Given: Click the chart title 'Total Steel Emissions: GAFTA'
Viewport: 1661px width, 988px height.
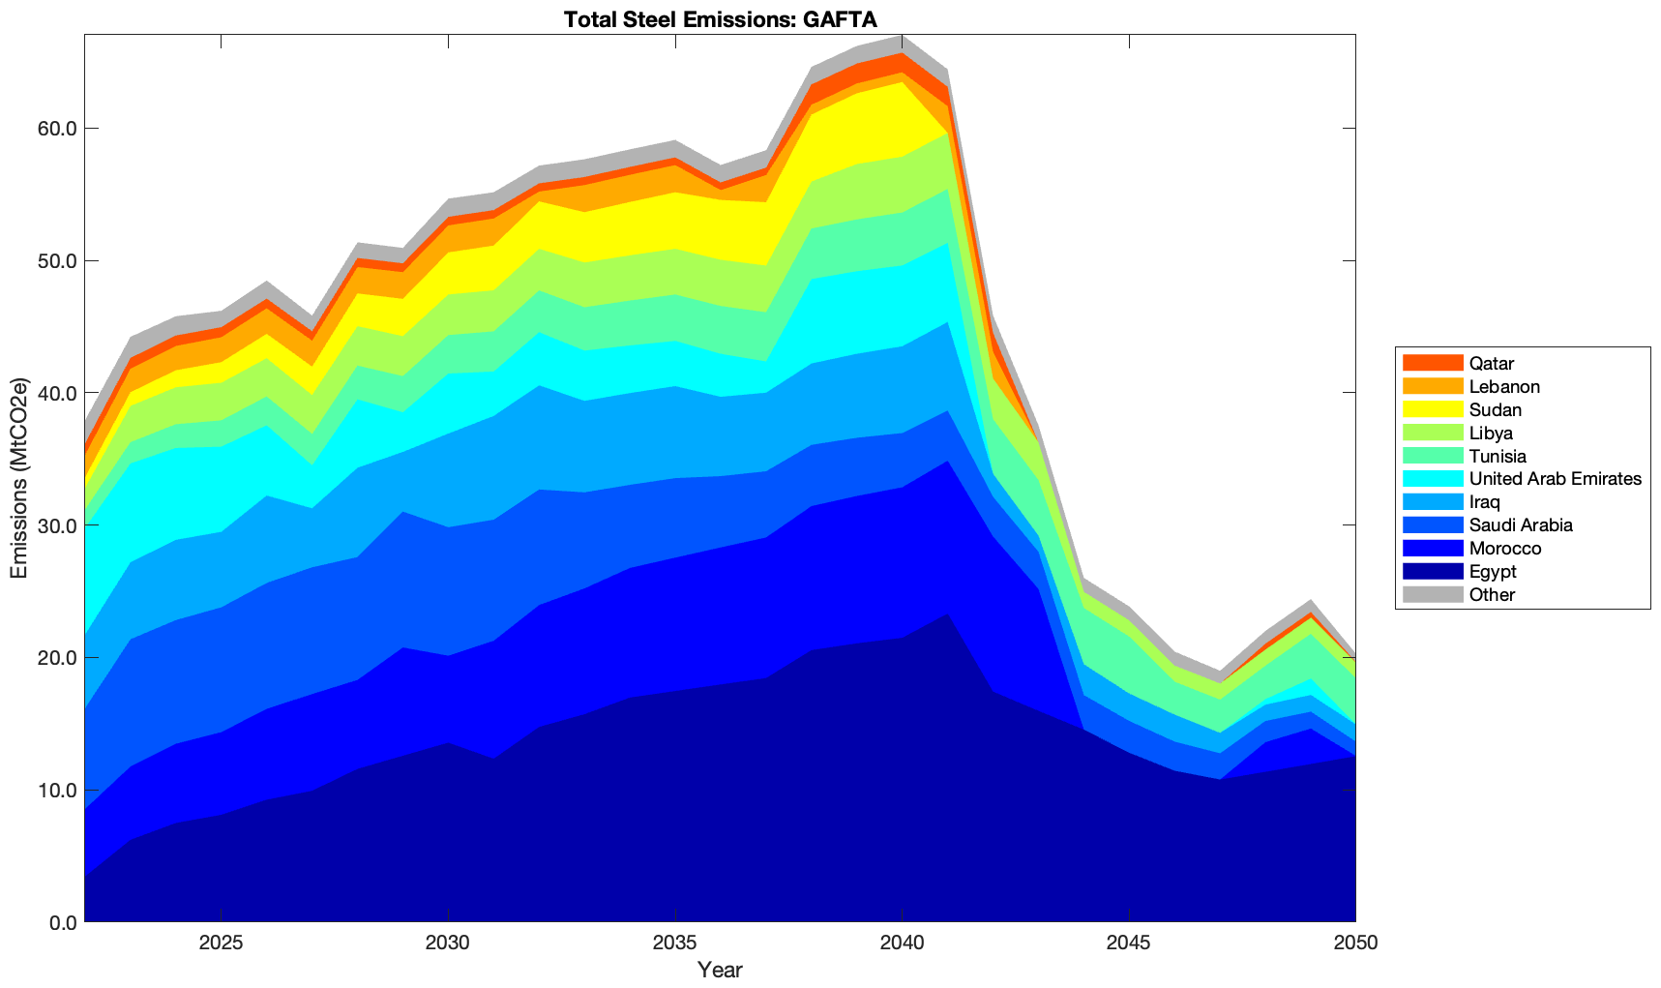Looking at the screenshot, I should (720, 18).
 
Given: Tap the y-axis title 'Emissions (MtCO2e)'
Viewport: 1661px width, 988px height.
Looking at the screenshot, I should (19, 478).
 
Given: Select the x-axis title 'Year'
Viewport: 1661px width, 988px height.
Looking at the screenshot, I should (720, 970).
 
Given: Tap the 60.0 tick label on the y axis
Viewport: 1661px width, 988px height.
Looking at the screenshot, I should (57, 129).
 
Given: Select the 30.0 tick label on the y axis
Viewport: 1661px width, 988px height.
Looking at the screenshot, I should (57, 525).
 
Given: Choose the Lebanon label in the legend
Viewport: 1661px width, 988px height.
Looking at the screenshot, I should (1504, 386).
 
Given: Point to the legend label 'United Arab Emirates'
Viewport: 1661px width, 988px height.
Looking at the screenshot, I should (1555, 479).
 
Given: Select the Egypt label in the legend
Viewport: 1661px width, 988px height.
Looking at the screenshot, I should (1492, 571).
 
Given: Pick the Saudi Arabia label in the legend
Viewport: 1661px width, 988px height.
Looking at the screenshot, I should (1520, 524).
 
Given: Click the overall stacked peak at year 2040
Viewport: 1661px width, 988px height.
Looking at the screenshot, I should (902, 37).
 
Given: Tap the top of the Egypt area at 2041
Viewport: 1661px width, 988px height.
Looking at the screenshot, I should (947, 614).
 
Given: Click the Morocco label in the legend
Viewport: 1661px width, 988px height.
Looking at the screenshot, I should (1504, 548).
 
